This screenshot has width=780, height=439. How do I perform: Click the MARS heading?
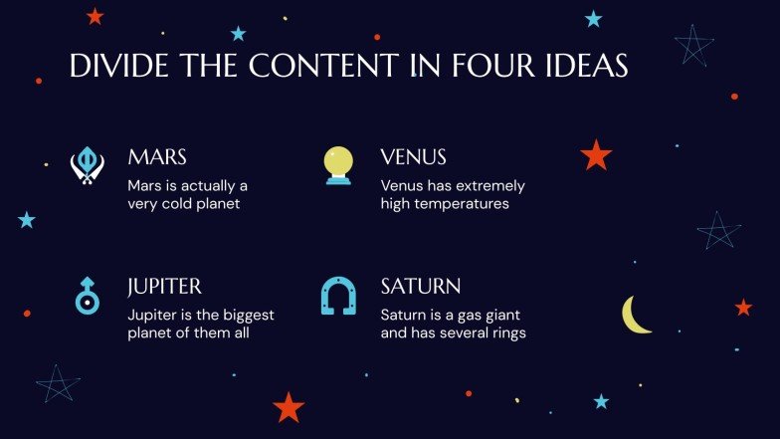point(157,157)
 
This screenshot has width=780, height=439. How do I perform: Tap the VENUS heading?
point(413,157)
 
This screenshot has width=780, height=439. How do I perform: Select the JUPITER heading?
point(165,287)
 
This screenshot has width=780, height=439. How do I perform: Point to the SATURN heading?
point(420,287)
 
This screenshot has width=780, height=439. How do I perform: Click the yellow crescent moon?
point(635,315)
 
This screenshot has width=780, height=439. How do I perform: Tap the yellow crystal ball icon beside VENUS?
point(338,164)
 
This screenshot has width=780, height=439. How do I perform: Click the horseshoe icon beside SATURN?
point(338,296)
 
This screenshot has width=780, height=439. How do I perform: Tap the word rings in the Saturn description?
point(504,333)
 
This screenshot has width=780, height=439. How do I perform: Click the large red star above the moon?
point(596,154)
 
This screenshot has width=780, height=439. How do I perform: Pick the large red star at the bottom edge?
point(288,406)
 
